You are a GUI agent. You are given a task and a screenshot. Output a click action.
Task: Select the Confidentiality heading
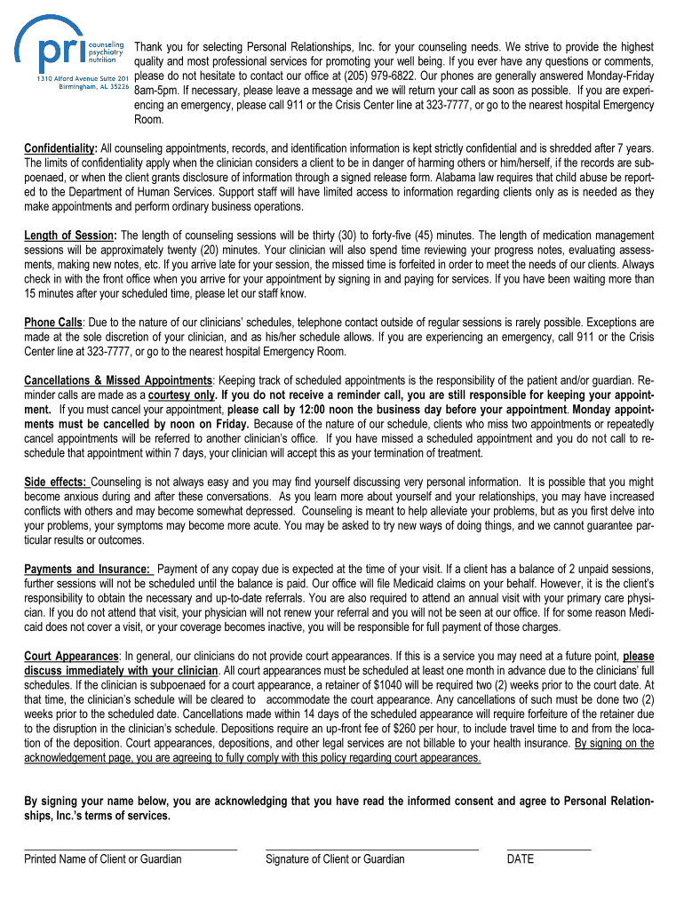coord(60,148)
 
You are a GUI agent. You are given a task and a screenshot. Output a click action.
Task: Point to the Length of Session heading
coord(70,235)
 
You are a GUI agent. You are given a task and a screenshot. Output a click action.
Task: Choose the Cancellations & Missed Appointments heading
coord(117,380)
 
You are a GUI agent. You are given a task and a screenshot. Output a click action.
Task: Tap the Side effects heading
coord(52,482)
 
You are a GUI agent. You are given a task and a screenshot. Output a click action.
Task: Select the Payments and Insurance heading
coord(87,569)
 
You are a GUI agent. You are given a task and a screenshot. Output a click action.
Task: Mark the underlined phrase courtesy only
coord(182,395)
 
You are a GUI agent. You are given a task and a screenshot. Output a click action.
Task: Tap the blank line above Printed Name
coord(131,850)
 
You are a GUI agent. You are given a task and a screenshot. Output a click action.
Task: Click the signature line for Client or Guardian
coord(371,850)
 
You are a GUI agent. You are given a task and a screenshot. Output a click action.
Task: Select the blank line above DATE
coord(548,850)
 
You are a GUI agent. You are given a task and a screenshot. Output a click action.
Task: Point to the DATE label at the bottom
coord(521,859)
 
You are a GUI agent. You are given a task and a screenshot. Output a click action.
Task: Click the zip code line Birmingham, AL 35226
coord(94,88)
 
